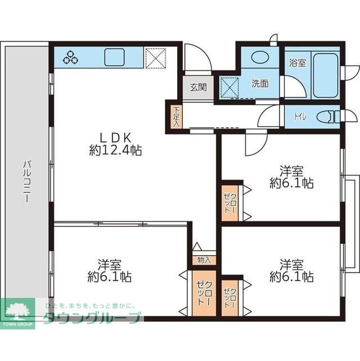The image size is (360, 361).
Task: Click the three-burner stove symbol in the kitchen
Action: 70,57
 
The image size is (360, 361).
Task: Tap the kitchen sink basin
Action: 114,57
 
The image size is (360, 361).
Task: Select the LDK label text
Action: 115,138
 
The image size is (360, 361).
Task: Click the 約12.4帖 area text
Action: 115,150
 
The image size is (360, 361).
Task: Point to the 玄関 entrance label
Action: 198,87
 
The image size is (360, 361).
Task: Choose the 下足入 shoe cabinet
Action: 176,117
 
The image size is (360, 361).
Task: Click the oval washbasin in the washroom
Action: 260,57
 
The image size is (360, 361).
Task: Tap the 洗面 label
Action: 260,83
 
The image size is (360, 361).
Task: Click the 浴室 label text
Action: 298,63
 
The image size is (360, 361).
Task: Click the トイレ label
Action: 300,117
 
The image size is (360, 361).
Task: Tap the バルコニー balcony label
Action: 27,181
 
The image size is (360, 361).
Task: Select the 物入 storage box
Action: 204,260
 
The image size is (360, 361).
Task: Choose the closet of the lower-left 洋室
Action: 204,293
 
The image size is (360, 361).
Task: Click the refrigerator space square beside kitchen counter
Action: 156,58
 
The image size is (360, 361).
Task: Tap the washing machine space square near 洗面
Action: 229,88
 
